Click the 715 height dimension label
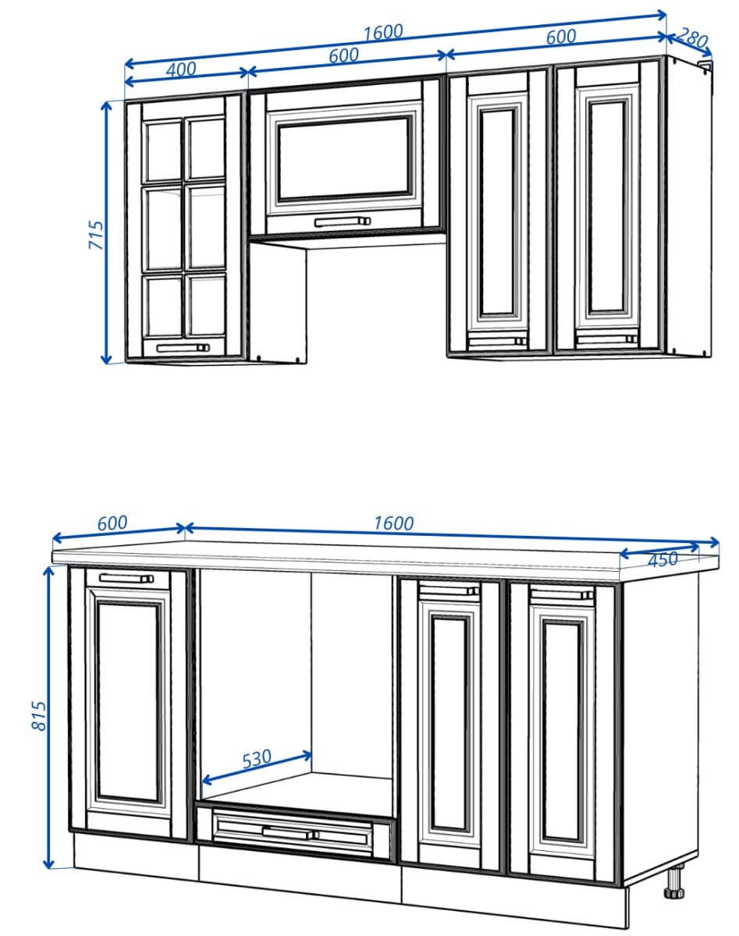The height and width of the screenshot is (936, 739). pos(95,235)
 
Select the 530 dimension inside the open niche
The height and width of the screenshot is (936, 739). pos(256,757)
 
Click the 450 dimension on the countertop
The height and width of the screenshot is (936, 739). pos(663,559)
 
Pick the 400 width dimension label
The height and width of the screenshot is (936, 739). pos(181,69)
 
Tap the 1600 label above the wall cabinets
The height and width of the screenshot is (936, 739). pos(382,32)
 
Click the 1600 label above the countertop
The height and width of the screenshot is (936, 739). pos(393,523)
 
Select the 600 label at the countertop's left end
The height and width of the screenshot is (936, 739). pos(112,523)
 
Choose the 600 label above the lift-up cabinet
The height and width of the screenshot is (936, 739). pos(343,55)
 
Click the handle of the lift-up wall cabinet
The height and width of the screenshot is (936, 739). pos(342,222)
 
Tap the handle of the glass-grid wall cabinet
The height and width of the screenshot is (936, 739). pos(183,349)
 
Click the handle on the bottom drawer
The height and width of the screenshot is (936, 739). pos(290,832)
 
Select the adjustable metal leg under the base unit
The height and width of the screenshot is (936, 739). pos(674,884)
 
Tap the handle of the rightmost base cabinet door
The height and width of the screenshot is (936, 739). pos(561,595)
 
